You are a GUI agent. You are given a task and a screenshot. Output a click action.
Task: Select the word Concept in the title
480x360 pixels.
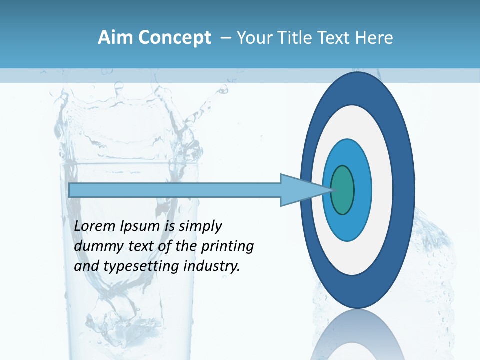click(x=174, y=38)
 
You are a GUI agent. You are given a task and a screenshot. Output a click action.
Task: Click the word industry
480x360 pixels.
click(x=212, y=266)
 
